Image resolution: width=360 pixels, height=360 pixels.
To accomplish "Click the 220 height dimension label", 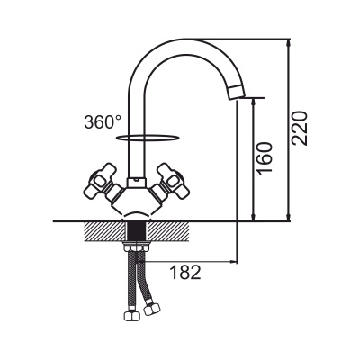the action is click(300, 129).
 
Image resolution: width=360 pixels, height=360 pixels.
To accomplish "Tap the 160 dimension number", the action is click(265, 157).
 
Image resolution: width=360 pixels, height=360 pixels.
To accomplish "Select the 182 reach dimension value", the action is click(185, 273).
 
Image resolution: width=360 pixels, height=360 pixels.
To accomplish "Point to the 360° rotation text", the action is click(103, 122).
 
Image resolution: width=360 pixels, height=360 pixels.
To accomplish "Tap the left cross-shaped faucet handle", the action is click(101, 183).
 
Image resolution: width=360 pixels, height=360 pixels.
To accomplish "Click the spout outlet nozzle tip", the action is click(237, 92).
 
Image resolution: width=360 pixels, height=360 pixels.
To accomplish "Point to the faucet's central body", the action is click(137, 201).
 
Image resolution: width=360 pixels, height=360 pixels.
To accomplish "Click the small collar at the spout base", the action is click(136, 183).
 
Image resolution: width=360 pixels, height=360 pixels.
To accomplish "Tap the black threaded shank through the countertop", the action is click(137, 231).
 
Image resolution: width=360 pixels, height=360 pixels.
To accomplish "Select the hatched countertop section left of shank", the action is click(105, 231).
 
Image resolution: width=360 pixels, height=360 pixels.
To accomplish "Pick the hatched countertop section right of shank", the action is click(167, 231).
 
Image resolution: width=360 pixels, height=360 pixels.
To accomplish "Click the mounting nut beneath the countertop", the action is click(137, 247).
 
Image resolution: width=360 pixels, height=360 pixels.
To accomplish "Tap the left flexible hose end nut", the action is click(131, 315).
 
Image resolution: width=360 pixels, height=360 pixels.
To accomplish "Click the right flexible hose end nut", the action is click(152, 309).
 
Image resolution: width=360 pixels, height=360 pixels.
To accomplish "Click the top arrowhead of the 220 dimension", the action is click(288, 42).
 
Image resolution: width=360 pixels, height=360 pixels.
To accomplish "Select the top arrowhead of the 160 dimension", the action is click(254, 102).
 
